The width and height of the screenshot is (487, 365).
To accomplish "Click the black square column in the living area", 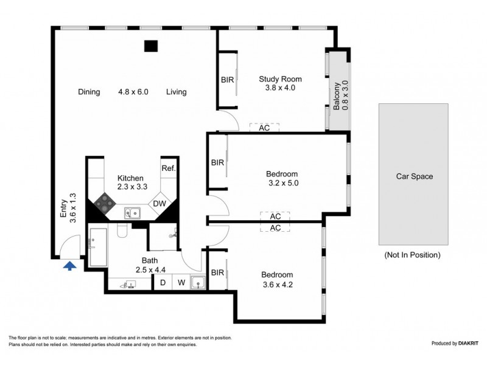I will (x=150, y=46).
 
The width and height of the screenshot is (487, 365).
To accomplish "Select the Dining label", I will (x=89, y=92).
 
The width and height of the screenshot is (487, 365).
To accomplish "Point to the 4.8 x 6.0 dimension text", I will (x=133, y=92).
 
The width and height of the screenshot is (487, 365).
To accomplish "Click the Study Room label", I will (x=280, y=78).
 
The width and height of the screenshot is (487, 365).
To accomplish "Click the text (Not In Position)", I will (x=412, y=255).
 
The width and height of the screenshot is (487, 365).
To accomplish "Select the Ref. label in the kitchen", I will (x=168, y=168).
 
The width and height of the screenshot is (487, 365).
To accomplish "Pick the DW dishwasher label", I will (x=159, y=204).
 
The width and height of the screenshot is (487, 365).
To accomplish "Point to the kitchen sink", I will (x=131, y=212).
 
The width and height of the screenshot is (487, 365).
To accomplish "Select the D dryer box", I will (x=163, y=282).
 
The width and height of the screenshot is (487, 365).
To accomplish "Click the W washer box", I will (x=181, y=282).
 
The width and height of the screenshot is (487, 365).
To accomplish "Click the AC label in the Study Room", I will (x=264, y=128).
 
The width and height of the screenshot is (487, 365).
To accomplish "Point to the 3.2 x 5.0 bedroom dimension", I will (x=283, y=182).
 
